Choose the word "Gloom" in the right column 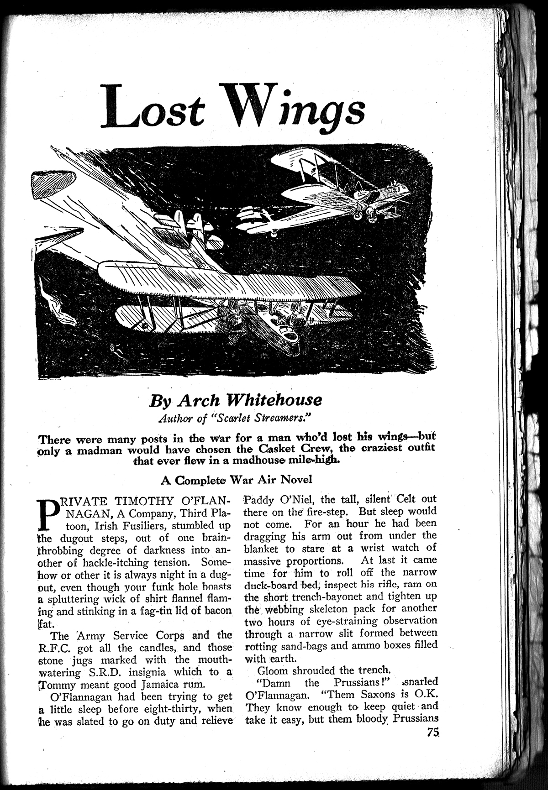tap(273, 670)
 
